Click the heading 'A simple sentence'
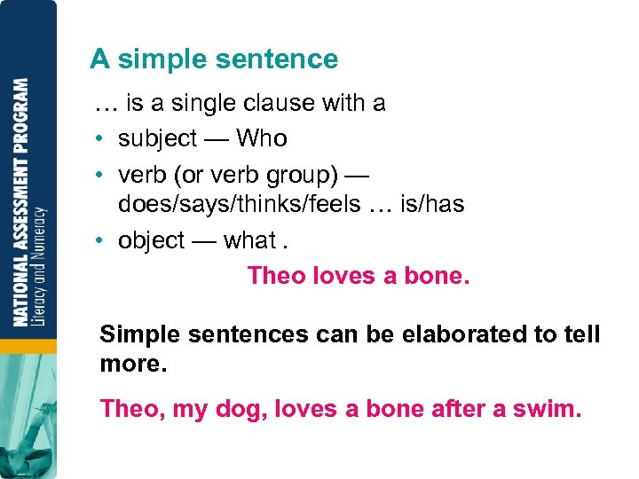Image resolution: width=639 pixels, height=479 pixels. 214,59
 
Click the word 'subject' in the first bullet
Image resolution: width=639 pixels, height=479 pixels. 157,139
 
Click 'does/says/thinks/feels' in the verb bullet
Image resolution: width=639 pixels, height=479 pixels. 240,205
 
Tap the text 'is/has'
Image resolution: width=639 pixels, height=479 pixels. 432,205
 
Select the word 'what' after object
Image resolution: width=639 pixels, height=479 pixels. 249,240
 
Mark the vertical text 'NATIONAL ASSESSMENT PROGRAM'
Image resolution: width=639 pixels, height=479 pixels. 20,202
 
